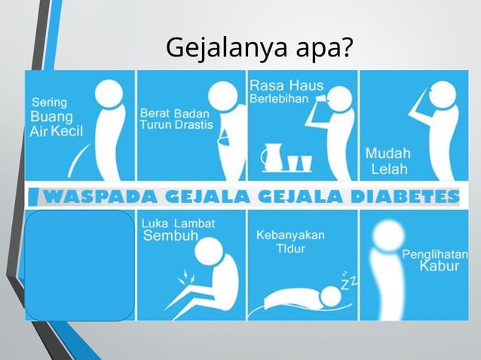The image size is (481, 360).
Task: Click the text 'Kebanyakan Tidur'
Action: pos(290,241)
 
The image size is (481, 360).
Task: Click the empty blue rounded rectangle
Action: pos(80,266)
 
